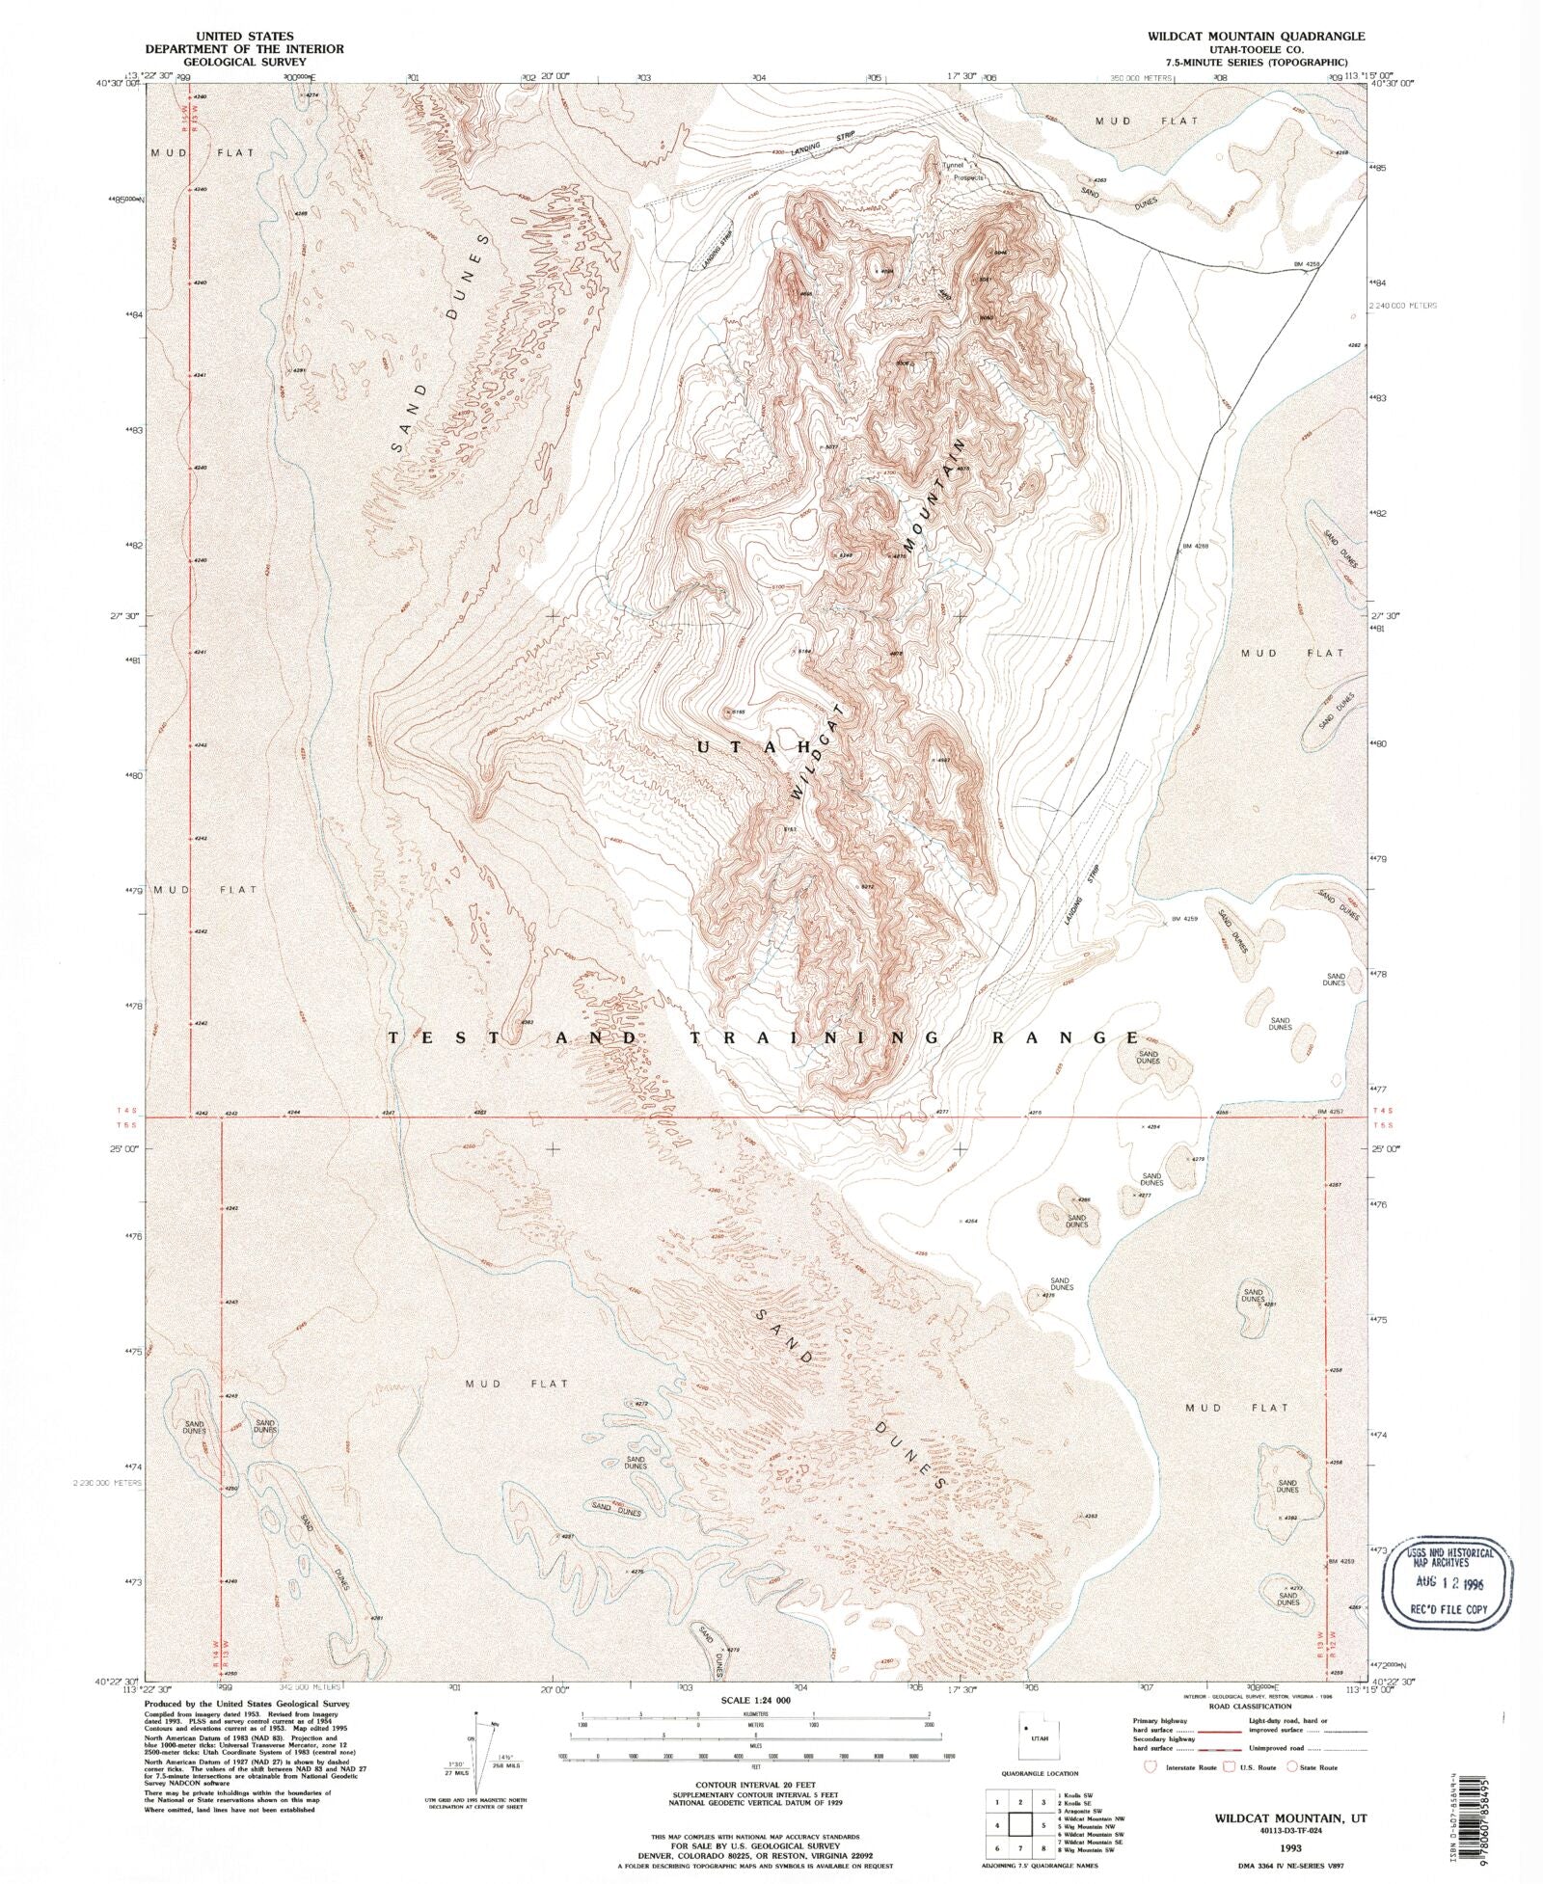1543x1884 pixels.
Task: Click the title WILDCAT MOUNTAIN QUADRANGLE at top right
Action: tap(1255, 35)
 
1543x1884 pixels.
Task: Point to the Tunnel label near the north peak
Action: tap(953, 165)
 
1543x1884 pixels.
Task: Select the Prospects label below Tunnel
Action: tap(968, 177)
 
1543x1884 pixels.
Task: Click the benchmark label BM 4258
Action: tap(1305, 263)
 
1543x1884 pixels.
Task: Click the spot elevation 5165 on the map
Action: tap(735, 712)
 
